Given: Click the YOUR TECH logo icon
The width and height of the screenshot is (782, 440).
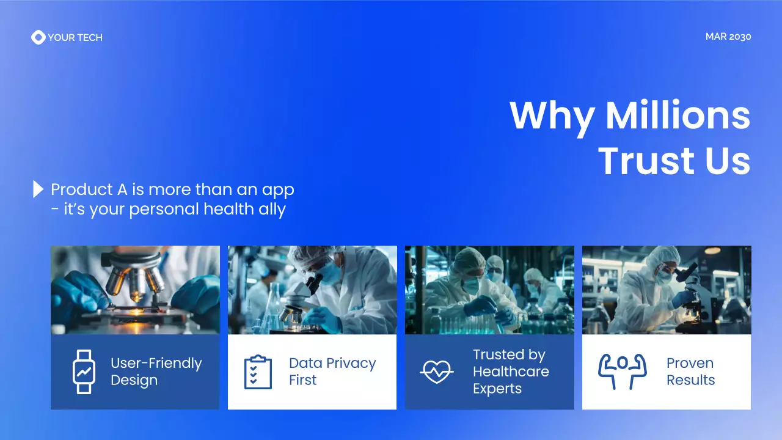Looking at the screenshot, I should [x=38, y=37].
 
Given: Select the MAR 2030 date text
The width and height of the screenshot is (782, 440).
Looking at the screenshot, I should [x=728, y=37].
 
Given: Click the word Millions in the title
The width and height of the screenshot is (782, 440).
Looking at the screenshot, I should [x=678, y=115].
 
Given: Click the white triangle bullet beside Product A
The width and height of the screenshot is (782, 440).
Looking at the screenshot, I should [x=38, y=189].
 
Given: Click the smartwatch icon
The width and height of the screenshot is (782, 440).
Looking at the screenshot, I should [x=83, y=372].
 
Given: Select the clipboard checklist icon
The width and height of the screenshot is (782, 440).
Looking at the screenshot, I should [x=258, y=372].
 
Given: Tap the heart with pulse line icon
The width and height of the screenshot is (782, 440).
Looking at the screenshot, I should [x=436, y=371].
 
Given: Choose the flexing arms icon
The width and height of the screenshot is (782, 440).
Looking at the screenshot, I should [x=621, y=371].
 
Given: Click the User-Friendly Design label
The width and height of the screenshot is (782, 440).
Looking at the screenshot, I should [x=156, y=372].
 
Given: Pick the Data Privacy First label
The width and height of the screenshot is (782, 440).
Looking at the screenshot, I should [x=332, y=372].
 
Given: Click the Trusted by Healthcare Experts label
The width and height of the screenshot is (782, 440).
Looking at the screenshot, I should [x=511, y=372].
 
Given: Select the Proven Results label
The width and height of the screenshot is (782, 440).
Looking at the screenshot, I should [x=690, y=372].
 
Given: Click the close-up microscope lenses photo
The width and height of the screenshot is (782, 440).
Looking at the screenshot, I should [x=135, y=290].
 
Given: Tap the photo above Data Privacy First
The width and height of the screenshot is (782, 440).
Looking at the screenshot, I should [x=312, y=290].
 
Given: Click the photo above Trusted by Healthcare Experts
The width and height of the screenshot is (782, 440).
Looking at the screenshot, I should [x=489, y=290].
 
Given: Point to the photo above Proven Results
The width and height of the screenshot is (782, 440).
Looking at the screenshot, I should [x=667, y=290].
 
